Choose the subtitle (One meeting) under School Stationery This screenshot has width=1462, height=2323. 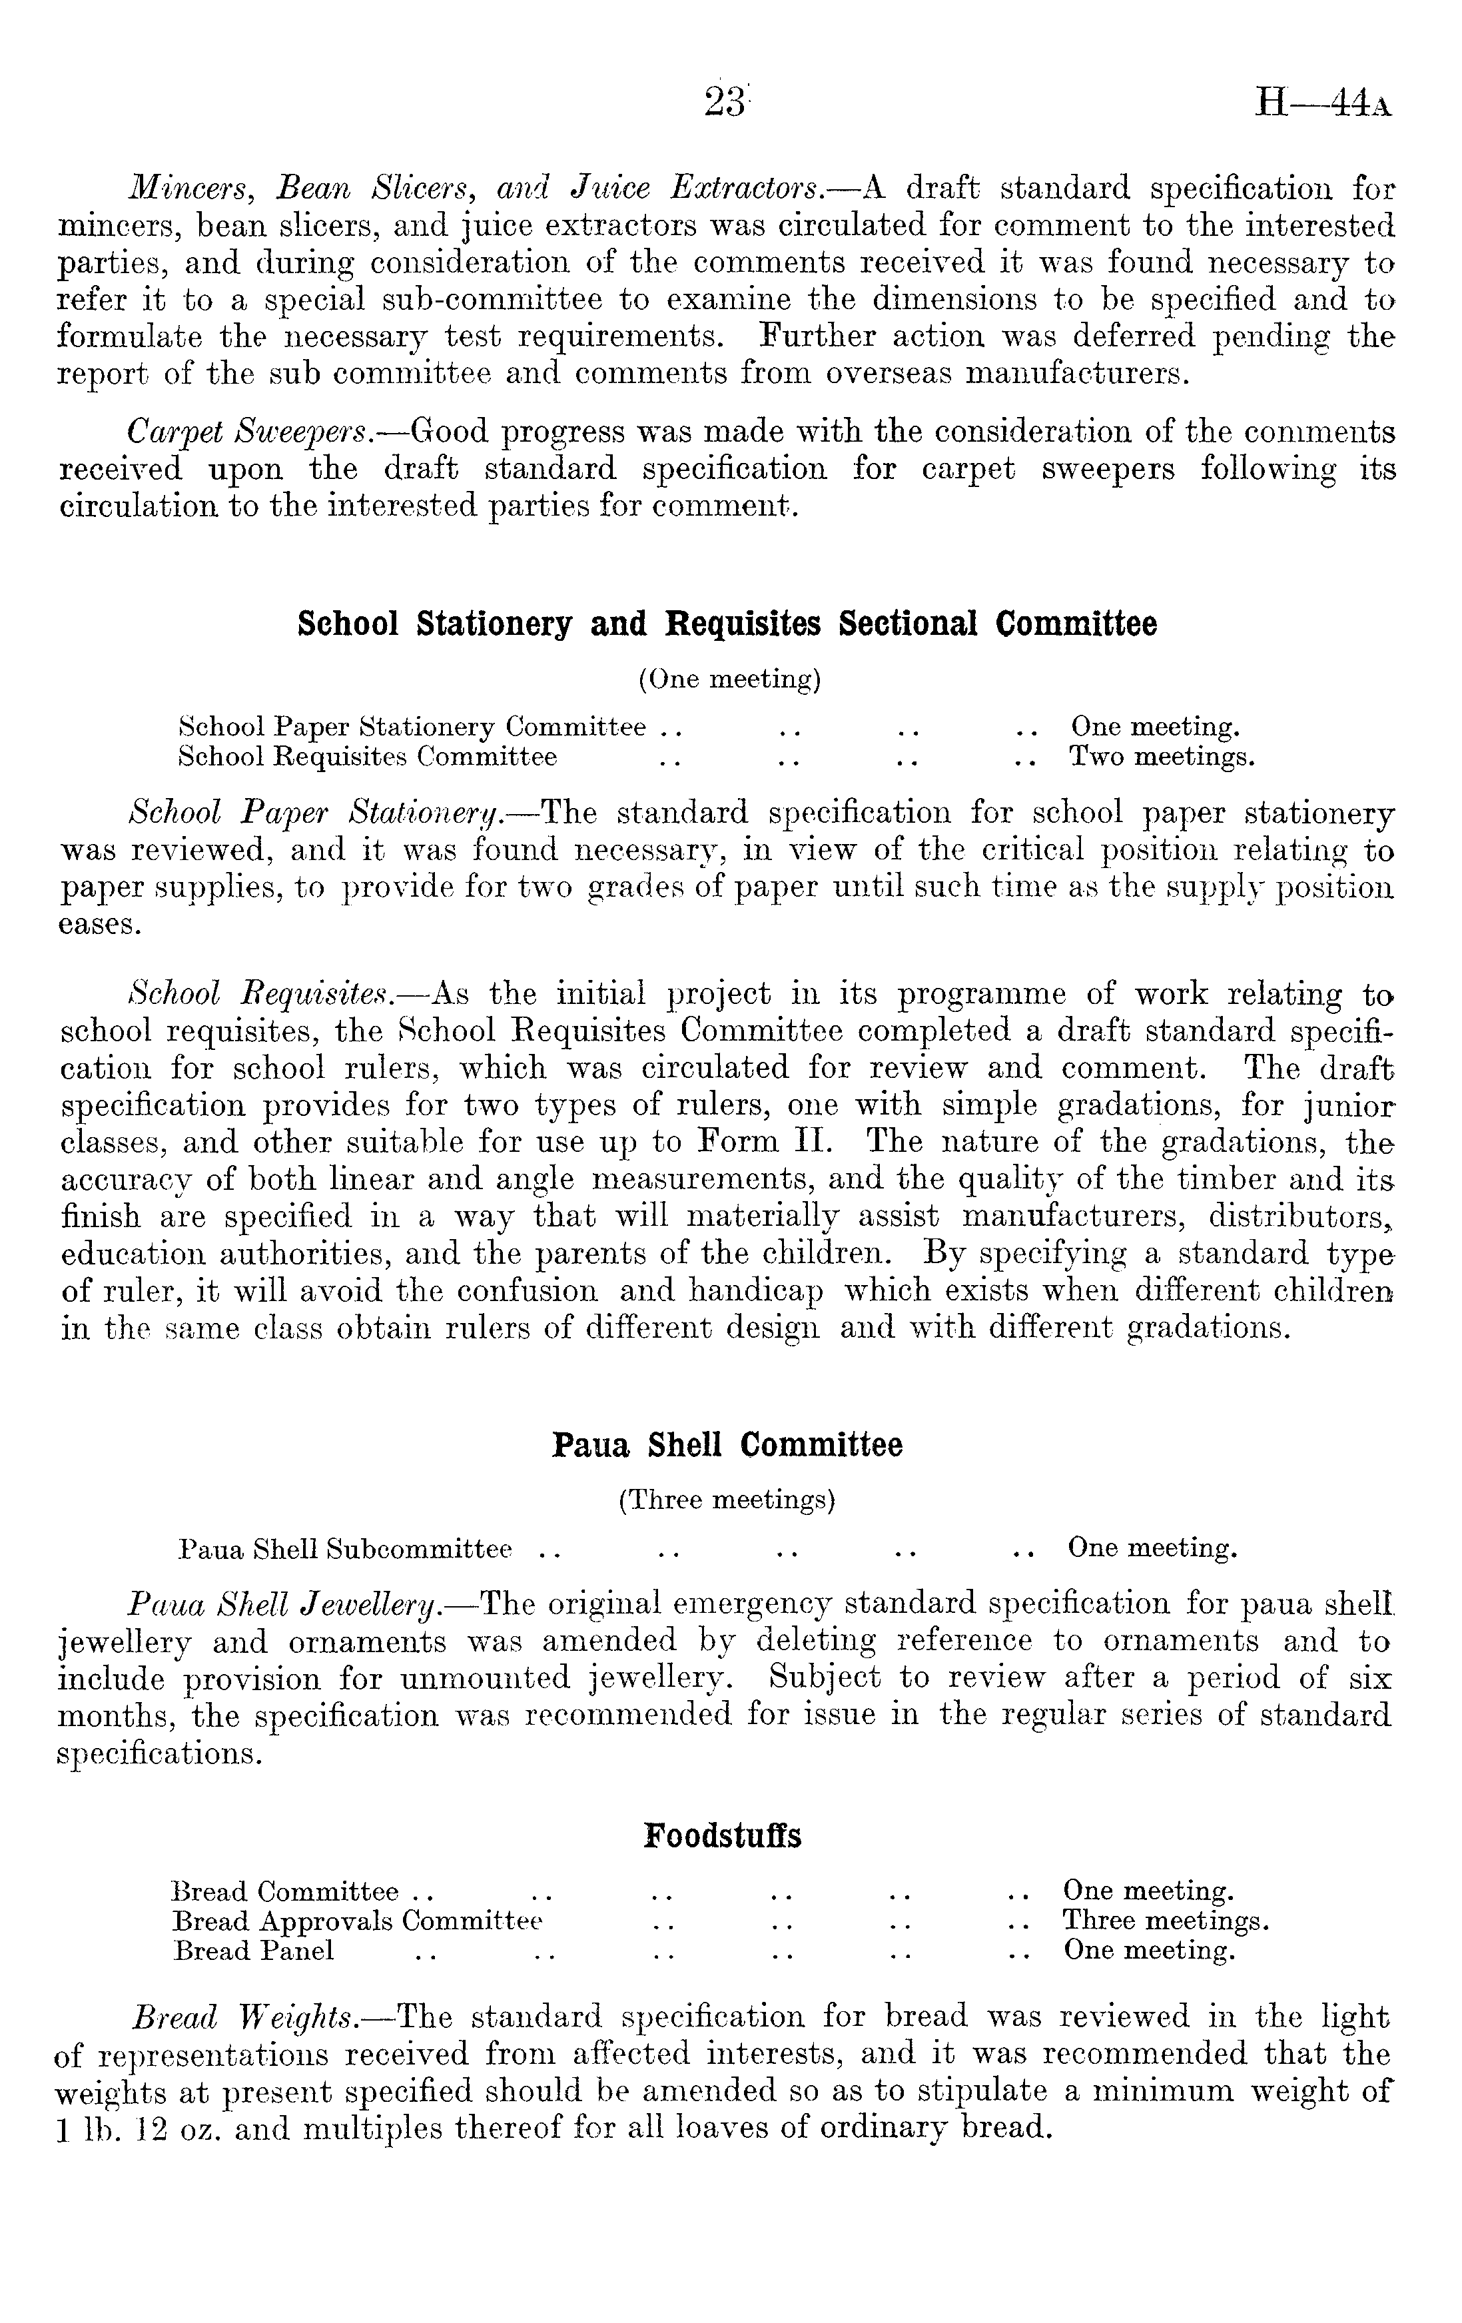tap(729, 680)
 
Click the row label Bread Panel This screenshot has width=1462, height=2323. tap(254, 1950)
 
